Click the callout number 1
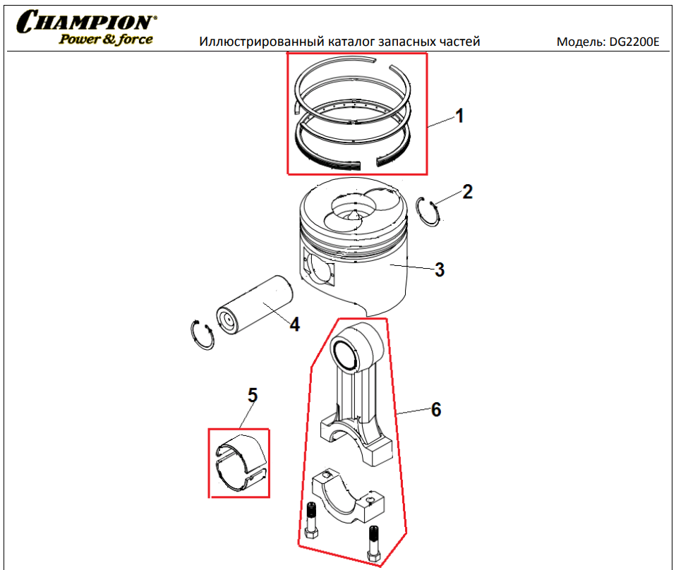tap(459, 116)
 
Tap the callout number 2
tap(467, 192)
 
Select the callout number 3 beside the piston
tap(440, 270)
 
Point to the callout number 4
tap(294, 325)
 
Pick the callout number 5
tap(253, 395)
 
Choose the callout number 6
tap(436, 409)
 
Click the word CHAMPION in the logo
tap(86, 22)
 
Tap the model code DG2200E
tap(634, 42)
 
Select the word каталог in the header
tap(351, 42)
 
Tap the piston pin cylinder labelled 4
tap(254, 305)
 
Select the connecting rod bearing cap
tap(347, 496)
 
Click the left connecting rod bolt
tap(311, 519)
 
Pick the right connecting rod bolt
tap(374, 542)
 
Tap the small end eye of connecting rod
tap(356, 347)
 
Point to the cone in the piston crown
tap(354, 215)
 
